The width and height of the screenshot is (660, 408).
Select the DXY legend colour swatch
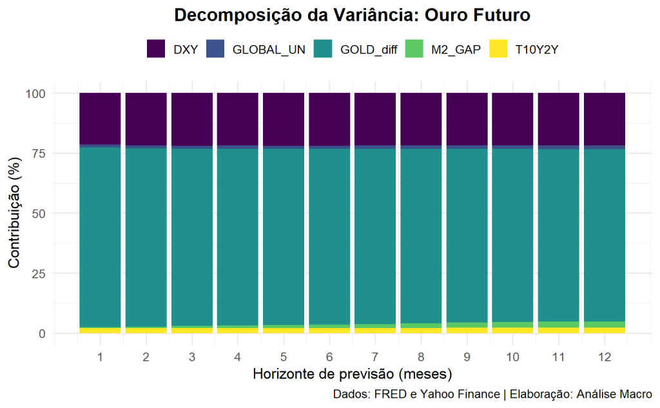[x=157, y=49]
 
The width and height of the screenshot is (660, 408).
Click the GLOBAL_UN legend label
[x=268, y=50]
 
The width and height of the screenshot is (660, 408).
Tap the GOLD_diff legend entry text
[x=369, y=50]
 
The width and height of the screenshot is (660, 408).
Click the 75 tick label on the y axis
[x=39, y=153]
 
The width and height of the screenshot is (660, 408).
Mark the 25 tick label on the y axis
[x=39, y=274]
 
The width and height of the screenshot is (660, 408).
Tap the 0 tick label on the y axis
[x=42, y=334]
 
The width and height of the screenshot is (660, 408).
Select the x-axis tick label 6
[x=329, y=356]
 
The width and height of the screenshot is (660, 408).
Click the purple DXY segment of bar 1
[x=100, y=119]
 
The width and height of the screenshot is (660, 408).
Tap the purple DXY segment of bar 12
[x=605, y=119]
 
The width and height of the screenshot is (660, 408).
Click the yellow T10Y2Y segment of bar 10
[x=513, y=330]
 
